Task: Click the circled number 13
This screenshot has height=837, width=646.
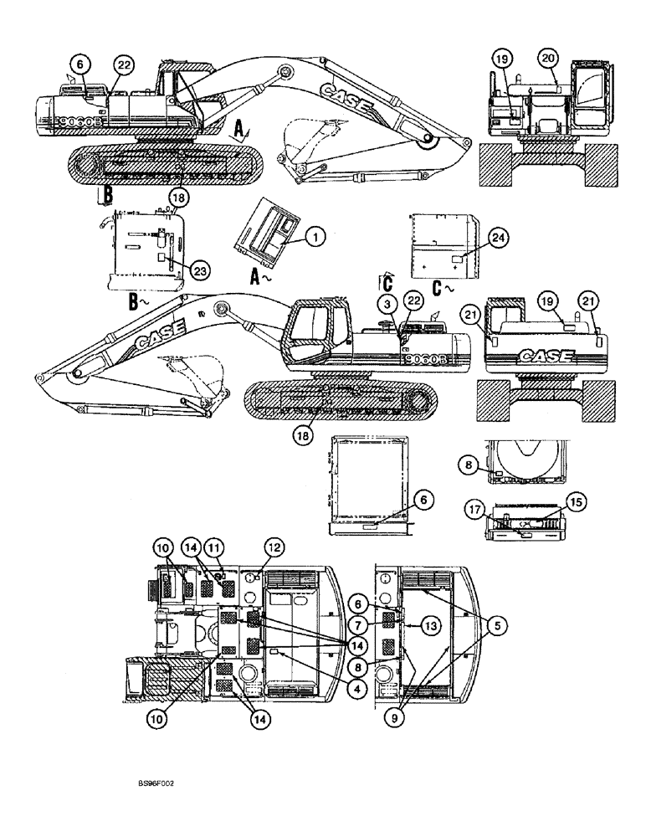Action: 429,625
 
